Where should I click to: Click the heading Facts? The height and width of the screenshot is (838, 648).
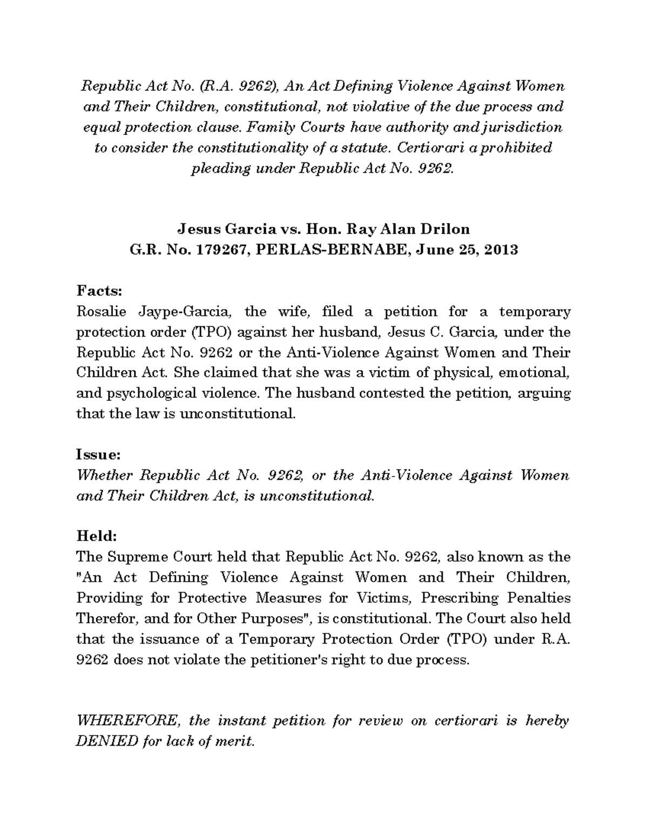100,291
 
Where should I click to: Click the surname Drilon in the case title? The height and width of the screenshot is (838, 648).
446,229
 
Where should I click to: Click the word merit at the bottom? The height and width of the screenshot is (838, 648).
233,741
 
